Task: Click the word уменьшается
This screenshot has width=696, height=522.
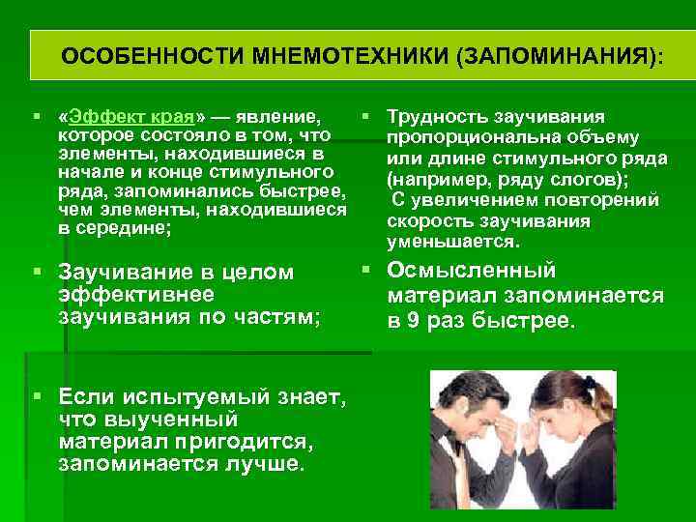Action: tap(453, 240)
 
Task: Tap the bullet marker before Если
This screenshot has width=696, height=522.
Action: tap(36, 397)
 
